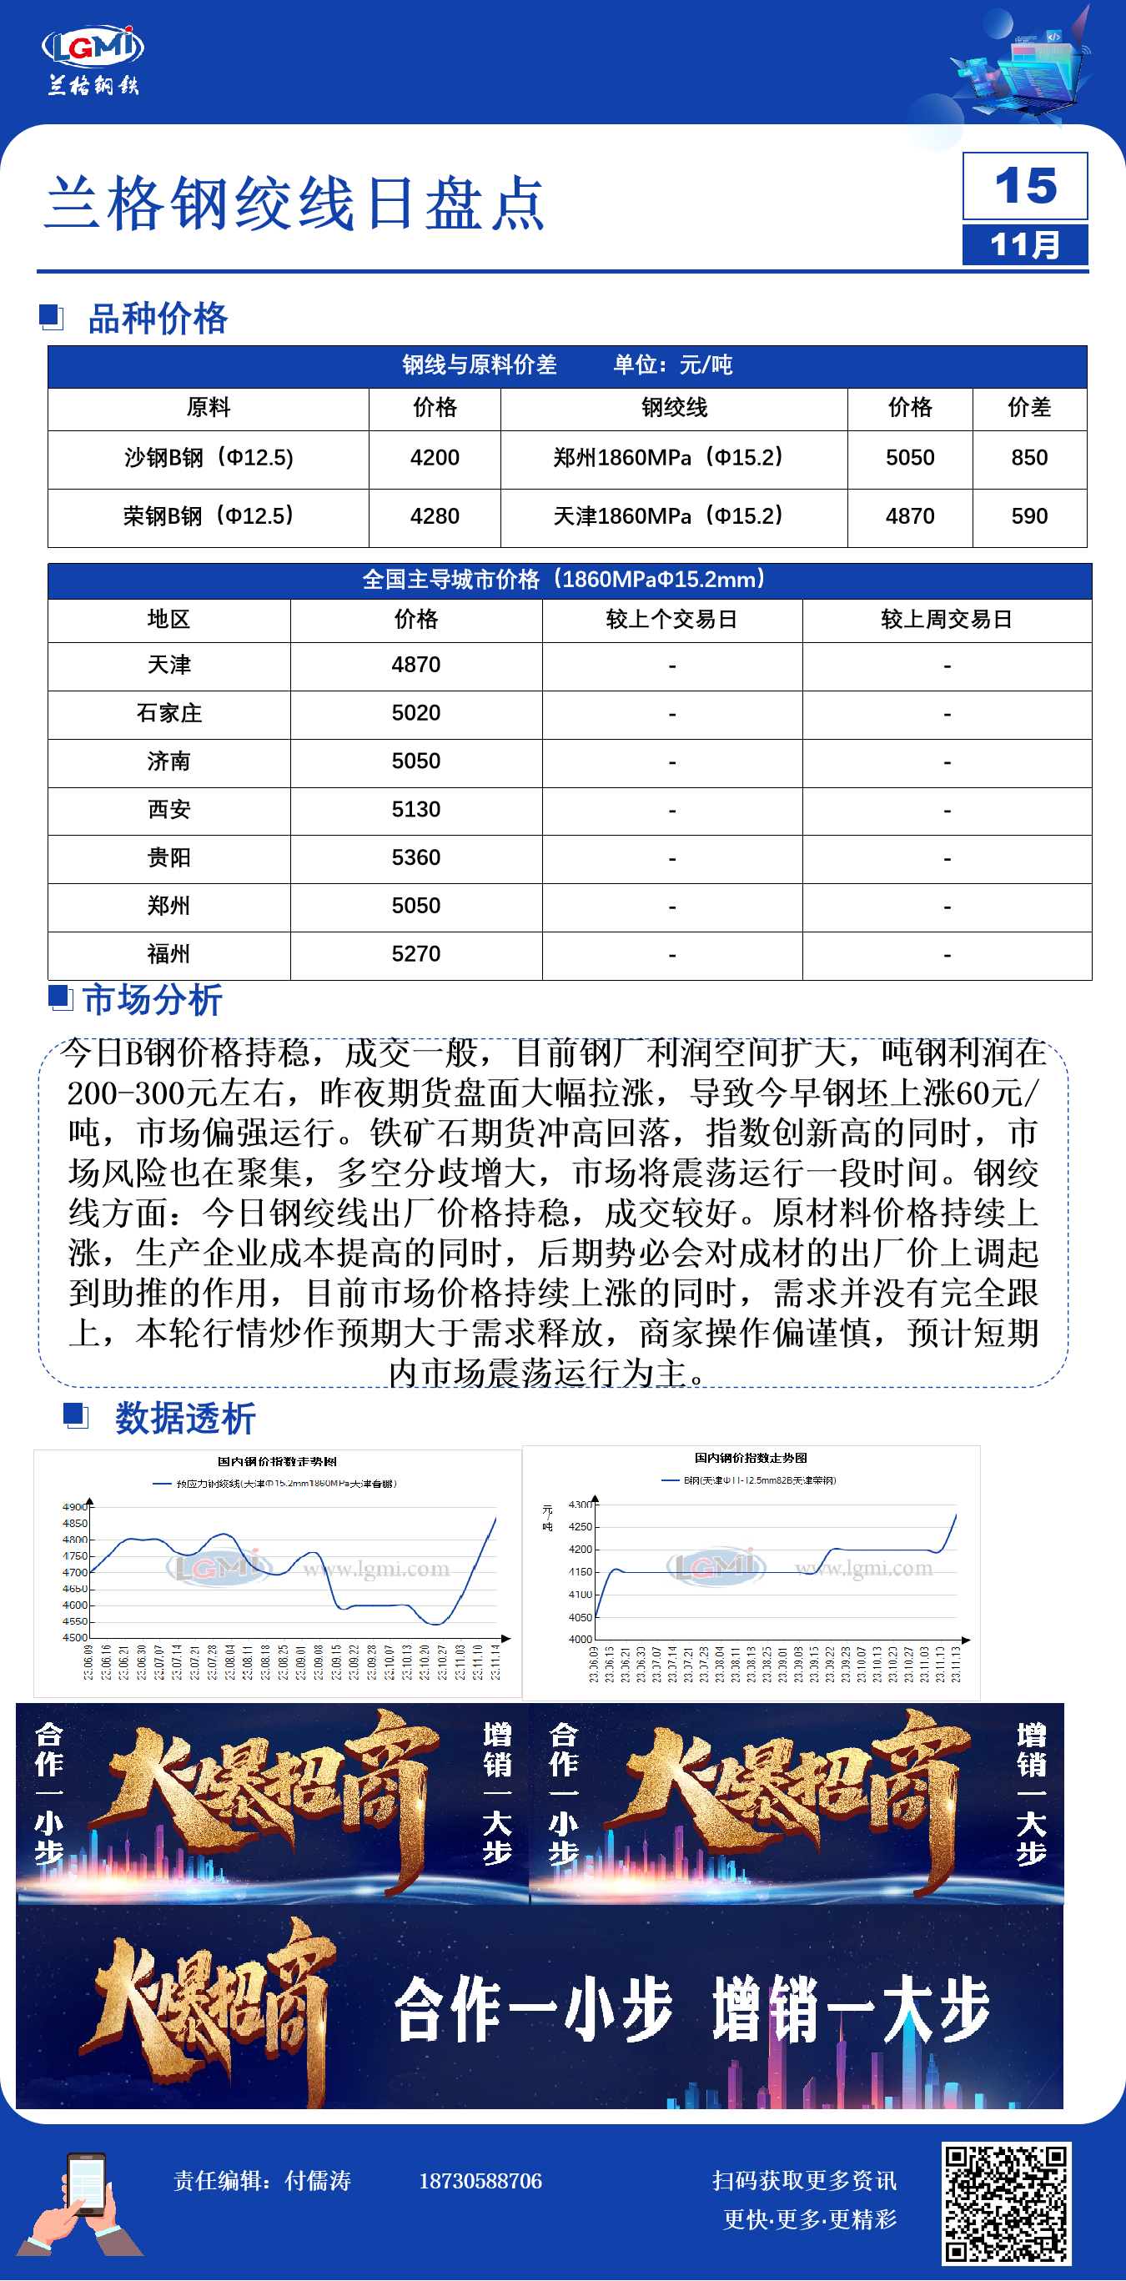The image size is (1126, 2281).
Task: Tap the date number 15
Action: (x=1025, y=186)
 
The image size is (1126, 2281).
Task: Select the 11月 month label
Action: (x=1025, y=244)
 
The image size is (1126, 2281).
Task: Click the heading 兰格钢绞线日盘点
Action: (x=294, y=203)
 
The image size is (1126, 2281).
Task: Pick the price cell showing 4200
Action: (x=435, y=458)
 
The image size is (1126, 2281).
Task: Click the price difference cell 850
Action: (x=1028, y=458)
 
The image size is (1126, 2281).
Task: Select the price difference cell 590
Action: (x=1028, y=516)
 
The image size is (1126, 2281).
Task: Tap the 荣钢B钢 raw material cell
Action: (x=208, y=516)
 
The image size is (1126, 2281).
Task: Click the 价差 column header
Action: (x=1028, y=407)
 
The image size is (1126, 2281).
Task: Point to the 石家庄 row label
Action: (x=168, y=714)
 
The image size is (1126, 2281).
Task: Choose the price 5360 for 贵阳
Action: (x=416, y=858)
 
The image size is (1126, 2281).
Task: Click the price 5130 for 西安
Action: (x=416, y=809)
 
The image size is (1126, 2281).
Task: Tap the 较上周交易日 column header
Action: (x=947, y=620)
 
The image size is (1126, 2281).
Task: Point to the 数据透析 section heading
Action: (x=184, y=1419)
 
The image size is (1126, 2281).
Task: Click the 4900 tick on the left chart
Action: (x=74, y=1506)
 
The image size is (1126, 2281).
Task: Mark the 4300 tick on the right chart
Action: (x=580, y=1505)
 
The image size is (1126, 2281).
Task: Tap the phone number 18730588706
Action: (x=480, y=2181)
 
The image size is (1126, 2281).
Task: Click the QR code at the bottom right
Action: (x=1007, y=2203)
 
